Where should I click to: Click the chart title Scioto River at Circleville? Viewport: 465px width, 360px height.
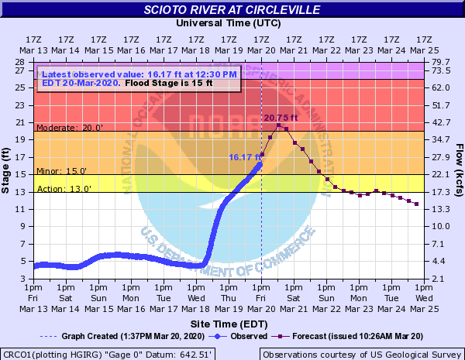(x=232, y=10)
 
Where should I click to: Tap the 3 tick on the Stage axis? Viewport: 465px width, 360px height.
(x=25, y=278)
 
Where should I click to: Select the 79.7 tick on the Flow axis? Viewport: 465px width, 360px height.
(x=439, y=62)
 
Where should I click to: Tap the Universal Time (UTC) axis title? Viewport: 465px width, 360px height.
(x=228, y=23)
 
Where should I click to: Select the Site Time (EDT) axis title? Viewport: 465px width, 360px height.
(x=228, y=322)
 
